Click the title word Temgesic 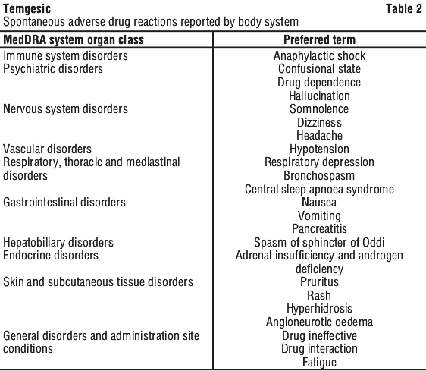tap(27, 8)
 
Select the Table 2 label tap(404, 8)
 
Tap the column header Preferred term tap(320, 40)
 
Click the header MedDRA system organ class tap(74, 40)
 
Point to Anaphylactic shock tap(320, 56)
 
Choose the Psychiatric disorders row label tap(53, 69)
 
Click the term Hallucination tap(320, 96)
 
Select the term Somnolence tap(319, 109)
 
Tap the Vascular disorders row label tap(47, 149)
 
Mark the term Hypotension tap(320, 149)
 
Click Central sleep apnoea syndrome tap(320, 190)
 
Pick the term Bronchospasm tap(319, 176)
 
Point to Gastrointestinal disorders tap(64, 203)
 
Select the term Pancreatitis tap(320, 229)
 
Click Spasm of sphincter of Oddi tap(320, 243)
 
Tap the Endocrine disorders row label tap(51, 256)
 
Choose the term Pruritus tap(320, 281)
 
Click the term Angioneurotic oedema tap(320, 322)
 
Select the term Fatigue tap(320, 363)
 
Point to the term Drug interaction tap(320, 349)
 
